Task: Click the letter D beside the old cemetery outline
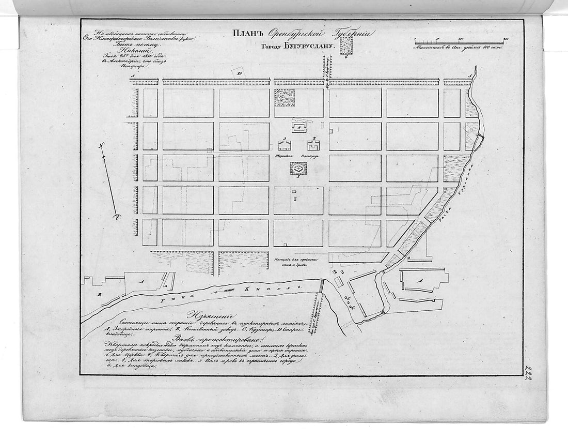[x=239, y=73]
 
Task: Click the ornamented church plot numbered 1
[x=298, y=168]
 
